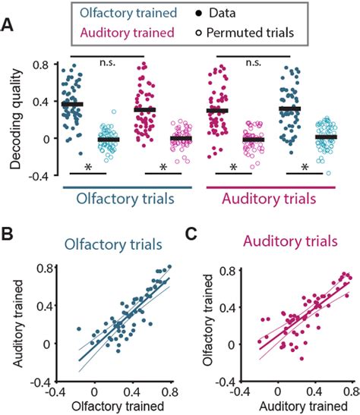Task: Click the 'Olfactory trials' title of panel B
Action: click(x=124, y=245)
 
